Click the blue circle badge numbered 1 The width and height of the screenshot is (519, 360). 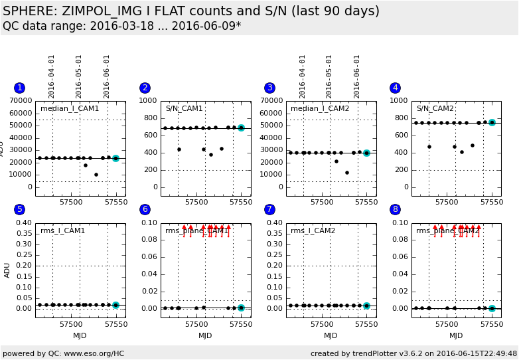pyautogui.click(x=19, y=88)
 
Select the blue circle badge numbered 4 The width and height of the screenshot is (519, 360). pyautogui.click(x=396, y=88)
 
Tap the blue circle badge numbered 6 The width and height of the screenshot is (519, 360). pyautogui.click(x=145, y=209)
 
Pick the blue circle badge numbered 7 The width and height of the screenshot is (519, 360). pyautogui.click(x=269, y=209)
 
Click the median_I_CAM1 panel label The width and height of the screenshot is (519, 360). pyautogui.click(x=70, y=108)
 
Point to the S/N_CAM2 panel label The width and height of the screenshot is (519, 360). pyautogui.click(x=435, y=108)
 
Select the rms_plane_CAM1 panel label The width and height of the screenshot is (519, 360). pyautogui.click(x=196, y=230)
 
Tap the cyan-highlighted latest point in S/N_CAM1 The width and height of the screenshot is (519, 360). pyautogui.click(x=241, y=128)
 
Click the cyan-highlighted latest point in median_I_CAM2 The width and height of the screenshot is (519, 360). pyautogui.click(x=366, y=153)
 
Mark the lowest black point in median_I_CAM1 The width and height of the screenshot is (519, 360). pyautogui.click(x=96, y=175)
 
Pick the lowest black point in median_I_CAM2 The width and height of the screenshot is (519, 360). pyautogui.click(x=347, y=173)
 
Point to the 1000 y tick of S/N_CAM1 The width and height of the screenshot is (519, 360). pyautogui.click(x=149, y=101)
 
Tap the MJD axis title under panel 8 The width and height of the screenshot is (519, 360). pyautogui.click(x=456, y=335)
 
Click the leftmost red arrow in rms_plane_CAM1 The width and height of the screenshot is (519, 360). pyautogui.click(x=185, y=227)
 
